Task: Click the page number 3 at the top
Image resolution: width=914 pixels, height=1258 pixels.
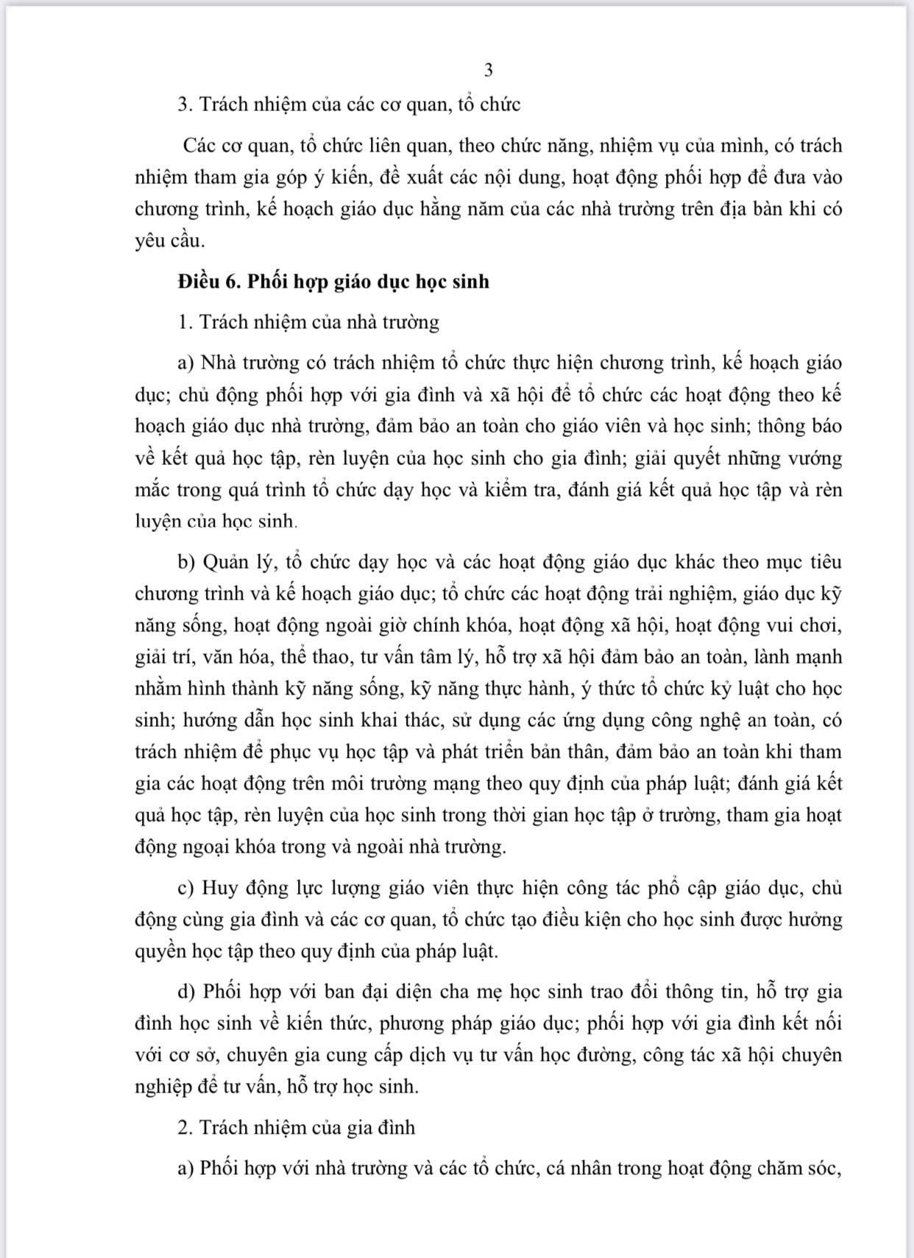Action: [x=489, y=71]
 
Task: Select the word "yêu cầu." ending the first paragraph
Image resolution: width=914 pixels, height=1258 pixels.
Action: [x=170, y=241]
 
